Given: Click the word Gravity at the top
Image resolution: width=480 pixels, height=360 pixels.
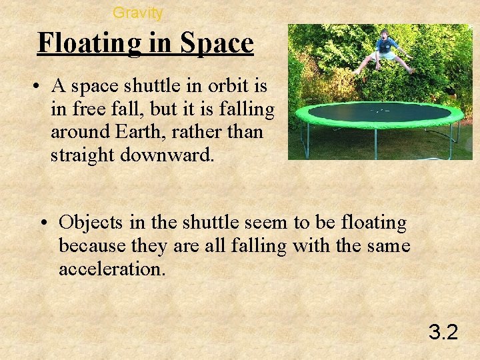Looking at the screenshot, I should coord(137,12).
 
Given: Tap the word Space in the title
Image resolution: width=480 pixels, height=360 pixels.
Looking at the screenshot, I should coord(217,43).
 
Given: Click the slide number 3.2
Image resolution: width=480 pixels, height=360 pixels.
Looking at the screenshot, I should coord(443,331).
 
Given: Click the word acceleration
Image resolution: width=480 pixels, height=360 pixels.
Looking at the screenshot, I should coord(111,269).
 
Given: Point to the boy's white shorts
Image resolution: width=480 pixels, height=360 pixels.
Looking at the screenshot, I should coord(385,57).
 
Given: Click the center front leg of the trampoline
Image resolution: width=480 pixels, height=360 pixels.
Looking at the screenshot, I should coord(375,143).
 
